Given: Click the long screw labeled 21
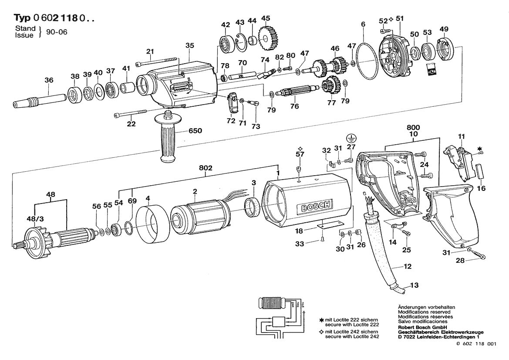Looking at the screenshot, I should click(155, 62).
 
